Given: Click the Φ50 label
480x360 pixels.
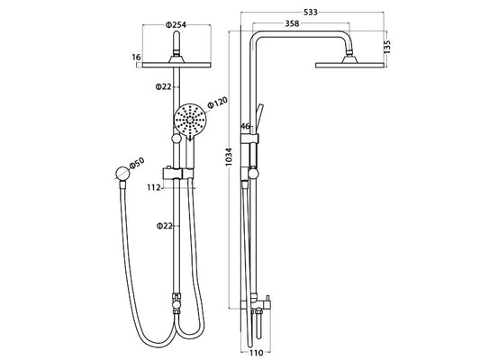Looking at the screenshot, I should [x=137, y=163].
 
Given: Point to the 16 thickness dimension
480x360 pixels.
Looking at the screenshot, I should [x=136, y=57].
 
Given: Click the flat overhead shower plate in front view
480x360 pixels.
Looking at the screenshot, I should [x=175, y=62].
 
